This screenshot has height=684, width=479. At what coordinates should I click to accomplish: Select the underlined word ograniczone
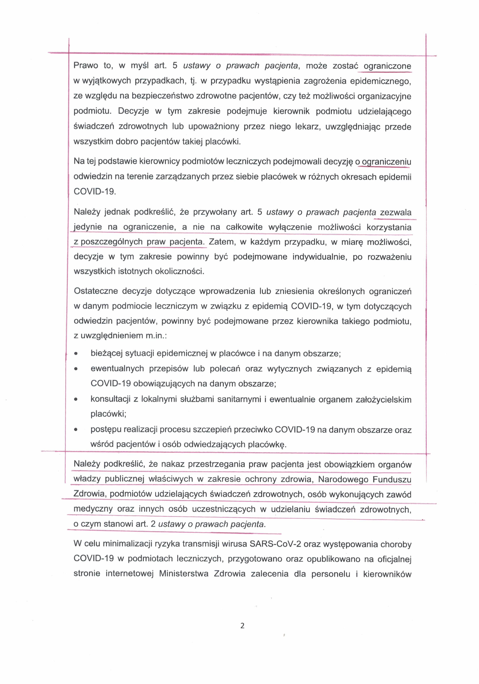(387, 66)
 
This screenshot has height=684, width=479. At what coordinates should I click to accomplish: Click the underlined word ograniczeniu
(386, 162)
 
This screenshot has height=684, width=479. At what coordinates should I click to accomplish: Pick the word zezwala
(396, 212)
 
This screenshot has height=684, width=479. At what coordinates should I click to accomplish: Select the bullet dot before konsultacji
(76, 399)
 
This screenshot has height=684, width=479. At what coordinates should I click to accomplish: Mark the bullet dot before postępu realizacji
(76, 430)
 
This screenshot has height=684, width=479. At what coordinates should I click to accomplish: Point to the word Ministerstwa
(183, 574)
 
